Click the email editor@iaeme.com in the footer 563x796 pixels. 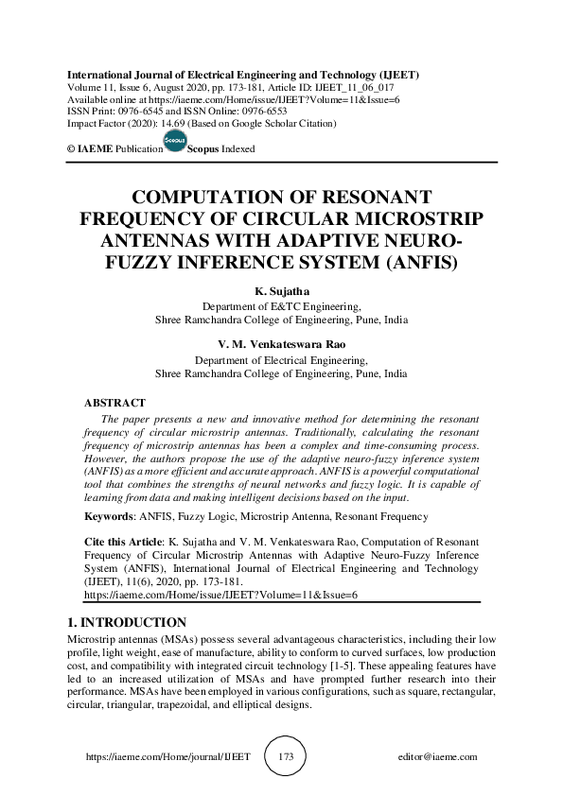438,758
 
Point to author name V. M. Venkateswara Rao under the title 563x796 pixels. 281,345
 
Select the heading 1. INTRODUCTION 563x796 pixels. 127,623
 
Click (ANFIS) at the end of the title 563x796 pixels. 421,258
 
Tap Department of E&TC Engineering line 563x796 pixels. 282,306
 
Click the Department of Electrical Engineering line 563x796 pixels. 281,360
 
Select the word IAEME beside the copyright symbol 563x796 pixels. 95,149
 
